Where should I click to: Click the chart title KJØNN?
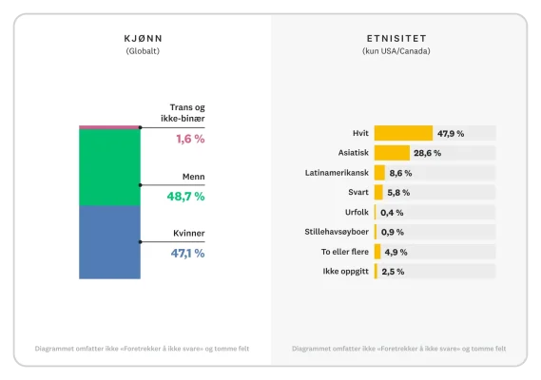[142, 39]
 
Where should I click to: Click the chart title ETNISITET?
[396, 39]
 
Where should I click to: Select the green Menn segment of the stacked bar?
[109, 167]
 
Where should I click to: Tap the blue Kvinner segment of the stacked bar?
[109, 242]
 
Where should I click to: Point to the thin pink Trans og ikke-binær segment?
[109, 126]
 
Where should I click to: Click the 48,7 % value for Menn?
[186, 196]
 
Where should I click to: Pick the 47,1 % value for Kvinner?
[186, 254]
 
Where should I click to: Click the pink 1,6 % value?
[189, 139]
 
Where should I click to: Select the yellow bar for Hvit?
[403, 133]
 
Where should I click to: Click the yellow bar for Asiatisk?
[392, 153]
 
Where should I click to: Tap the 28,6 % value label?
[427, 153]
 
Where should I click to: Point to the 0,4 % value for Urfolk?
[392, 212]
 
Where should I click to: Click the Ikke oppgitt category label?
[346, 272]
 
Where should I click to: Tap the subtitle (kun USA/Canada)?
[396, 51]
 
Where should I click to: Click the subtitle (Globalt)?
[142, 51]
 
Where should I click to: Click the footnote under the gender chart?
[142, 349]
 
